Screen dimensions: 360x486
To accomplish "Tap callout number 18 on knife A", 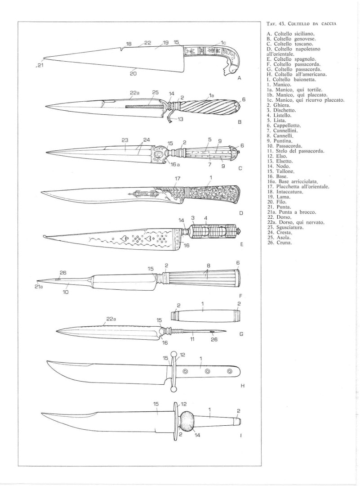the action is (x=129, y=44).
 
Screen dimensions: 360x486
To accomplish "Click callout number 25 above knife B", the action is (x=155, y=92).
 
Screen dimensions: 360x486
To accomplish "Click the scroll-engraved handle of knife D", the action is (x=213, y=194).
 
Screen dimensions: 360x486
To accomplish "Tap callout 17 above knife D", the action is (x=178, y=179).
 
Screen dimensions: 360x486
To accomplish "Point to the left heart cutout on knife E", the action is (x=124, y=238).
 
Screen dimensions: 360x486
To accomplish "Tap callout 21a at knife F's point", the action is (x=38, y=287).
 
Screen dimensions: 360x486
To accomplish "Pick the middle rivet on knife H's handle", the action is (x=207, y=371).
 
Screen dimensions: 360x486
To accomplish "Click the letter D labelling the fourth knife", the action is (x=241, y=213).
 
